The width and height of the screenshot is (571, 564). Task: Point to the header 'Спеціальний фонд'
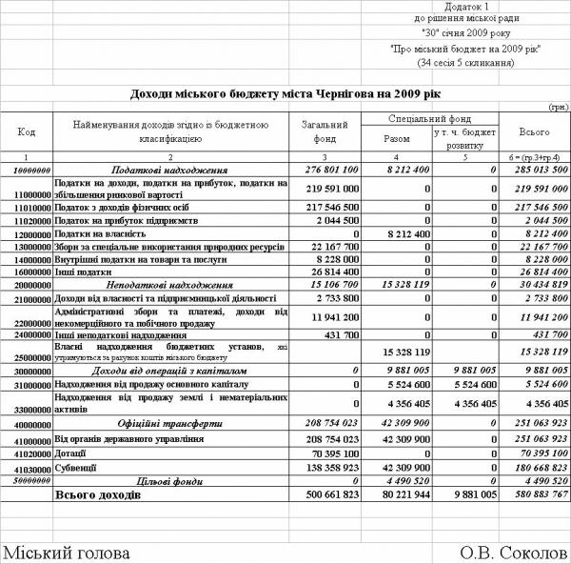click(425, 118)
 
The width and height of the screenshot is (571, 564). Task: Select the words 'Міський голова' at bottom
click(66, 554)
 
